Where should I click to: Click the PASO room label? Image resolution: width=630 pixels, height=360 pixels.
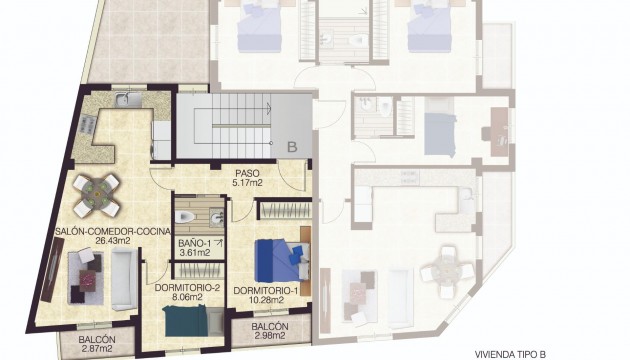[246, 172]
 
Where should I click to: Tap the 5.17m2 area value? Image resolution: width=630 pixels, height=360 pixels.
[246, 183]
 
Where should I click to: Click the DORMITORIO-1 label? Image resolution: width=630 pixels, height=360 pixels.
[265, 289]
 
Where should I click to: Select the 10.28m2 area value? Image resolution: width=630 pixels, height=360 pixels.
[265, 299]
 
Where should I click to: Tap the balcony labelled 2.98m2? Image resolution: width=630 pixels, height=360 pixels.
[270, 332]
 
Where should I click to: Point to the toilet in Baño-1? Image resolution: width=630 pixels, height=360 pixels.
[182, 216]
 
